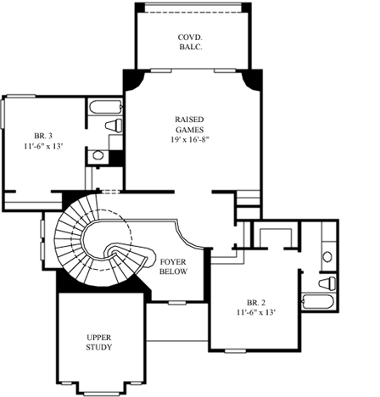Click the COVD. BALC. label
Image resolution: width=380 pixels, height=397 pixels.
190,43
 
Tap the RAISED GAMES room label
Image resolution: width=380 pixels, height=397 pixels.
188,125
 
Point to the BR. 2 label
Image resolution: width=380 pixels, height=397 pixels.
255,302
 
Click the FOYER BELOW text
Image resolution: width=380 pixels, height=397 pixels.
174,267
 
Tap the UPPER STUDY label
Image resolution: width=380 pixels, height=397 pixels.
98,343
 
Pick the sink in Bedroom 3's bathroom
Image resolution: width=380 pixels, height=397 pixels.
99,155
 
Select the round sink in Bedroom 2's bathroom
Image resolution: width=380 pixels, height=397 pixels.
327,255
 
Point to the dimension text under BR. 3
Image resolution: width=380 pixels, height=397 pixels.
44,147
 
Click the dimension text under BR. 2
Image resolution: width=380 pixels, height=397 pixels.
255,312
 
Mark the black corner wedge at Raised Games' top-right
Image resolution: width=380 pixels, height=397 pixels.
250,80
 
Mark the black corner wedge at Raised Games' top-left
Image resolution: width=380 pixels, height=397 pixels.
131,80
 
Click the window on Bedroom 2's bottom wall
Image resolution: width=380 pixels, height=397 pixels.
237,349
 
